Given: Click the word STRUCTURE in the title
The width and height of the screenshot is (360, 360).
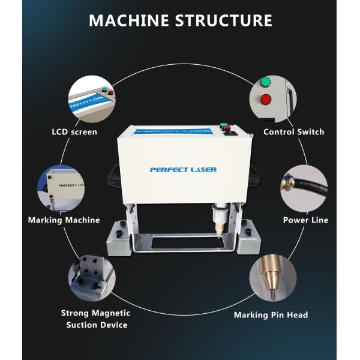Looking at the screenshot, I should tap(224, 20).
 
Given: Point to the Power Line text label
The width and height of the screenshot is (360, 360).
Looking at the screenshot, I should tap(305, 220).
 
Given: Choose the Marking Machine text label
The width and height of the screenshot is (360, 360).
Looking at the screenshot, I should tap(64, 220).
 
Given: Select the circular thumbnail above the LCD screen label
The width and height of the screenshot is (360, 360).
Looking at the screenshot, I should tap(90, 98).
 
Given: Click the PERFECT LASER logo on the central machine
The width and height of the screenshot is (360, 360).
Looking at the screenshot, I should tap(183, 170).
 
